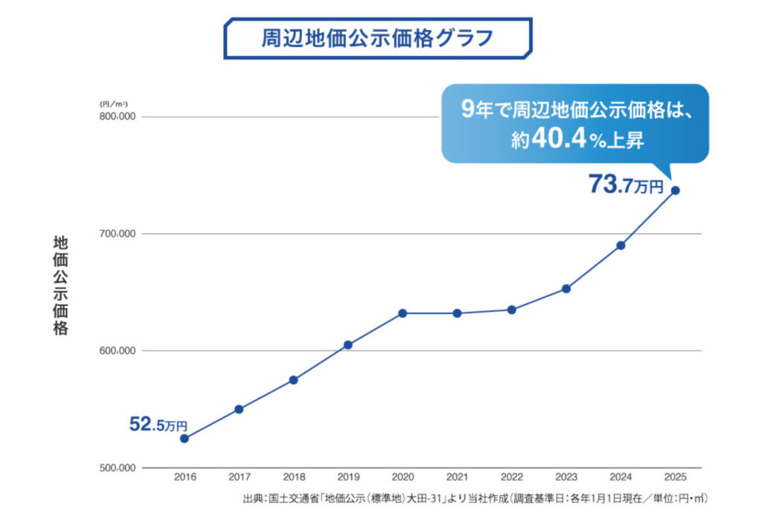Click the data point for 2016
pyautogui.click(x=184, y=438)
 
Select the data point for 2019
pyautogui.click(x=348, y=345)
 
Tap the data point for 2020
pyautogui.click(x=403, y=313)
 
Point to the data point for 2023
pyautogui.click(x=566, y=289)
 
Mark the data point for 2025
pyautogui.click(x=676, y=191)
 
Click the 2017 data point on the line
pyautogui.click(x=239, y=409)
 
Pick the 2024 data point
pyautogui.click(x=621, y=246)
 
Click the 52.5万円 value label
pyautogui.click(x=158, y=425)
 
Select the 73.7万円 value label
pyautogui.click(x=625, y=185)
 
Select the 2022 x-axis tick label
pyautogui.click(x=512, y=477)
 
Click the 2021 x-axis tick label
pyautogui.click(x=457, y=477)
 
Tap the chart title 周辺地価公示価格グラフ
pyautogui.click(x=378, y=38)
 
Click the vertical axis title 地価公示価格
pyautogui.click(x=60, y=286)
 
